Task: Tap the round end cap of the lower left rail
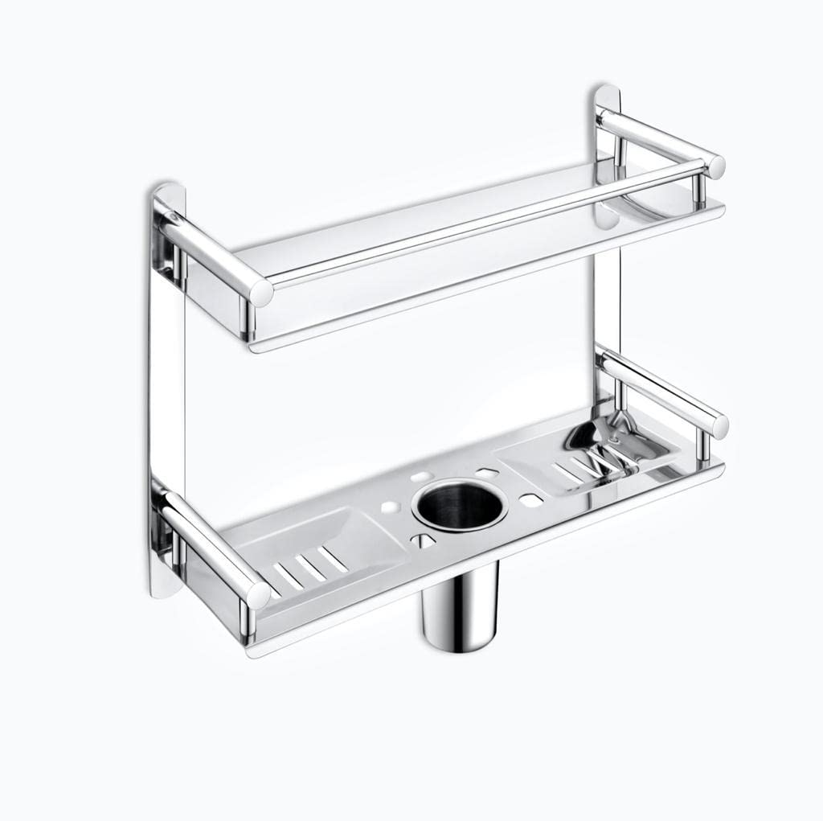coord(259,594)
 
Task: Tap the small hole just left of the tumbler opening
coord(390,508)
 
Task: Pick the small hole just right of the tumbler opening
coord(528,499)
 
